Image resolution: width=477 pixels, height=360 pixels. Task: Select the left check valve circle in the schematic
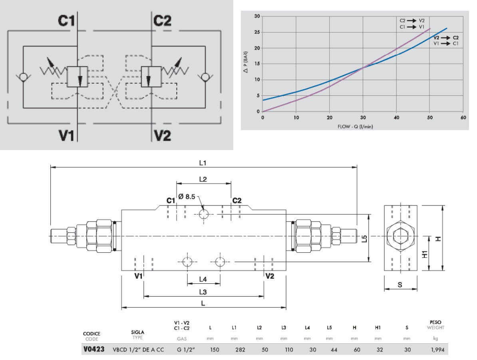[x=23, y=76]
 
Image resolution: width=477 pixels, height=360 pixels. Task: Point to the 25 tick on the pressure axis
[x=257, y=32]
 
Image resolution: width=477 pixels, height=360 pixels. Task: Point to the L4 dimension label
[x=203, y=278]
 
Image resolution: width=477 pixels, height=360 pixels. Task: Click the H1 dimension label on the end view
[x=425, y=253]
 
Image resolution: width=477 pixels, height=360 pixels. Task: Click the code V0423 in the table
[x=93, y=350]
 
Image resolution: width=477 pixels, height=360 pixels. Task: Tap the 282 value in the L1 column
[x=235, y=350]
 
